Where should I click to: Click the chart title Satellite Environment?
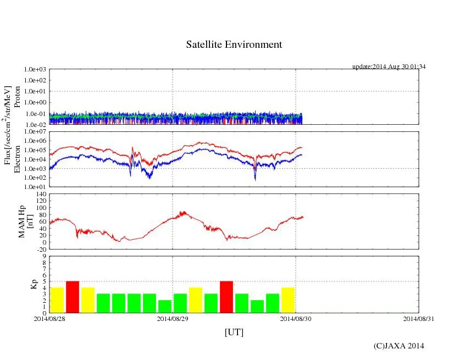(x=234, y=45)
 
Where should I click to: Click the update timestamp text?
(x=389, y=67)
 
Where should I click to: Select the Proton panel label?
(x=17, y=97)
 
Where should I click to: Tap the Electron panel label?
(x=17, y=159)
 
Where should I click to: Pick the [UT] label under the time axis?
(x=234, y=332)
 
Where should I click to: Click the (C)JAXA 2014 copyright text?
(x=398, y=346)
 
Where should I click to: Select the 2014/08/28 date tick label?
(x=49, y=318)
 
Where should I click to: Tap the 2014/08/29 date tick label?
(x=173, y=318)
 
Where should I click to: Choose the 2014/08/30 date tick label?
(x=296, y=318)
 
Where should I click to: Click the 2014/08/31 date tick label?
(x=419, y=318)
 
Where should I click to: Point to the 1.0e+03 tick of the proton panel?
(x=35, y=70)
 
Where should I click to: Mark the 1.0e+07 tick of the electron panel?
(x=35, y=132)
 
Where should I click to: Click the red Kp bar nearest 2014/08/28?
(x=73, y=297)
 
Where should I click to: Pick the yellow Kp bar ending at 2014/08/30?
(x=288, y=300)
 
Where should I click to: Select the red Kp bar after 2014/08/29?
(x=226, y=297)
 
